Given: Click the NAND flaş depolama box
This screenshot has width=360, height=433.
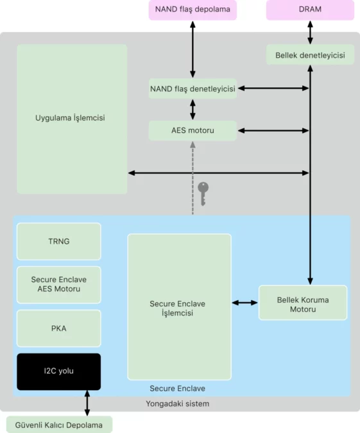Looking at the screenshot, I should (193, 10).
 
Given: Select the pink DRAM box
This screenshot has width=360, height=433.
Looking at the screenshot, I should (310, 10).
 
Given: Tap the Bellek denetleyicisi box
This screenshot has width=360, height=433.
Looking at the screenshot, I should (310, 55).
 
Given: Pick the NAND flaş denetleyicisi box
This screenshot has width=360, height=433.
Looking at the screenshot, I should (193, 89).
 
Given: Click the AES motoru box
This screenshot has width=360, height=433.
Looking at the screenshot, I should (193, 130).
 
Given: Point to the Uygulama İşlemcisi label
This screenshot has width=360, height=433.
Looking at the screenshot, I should (71, 118).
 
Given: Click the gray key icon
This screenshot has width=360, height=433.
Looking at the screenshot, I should (203, 193).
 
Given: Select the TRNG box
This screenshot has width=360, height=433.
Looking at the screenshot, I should (58, 241).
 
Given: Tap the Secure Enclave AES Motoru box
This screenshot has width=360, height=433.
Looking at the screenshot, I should (58, 284).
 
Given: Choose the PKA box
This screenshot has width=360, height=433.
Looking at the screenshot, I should (58, 328).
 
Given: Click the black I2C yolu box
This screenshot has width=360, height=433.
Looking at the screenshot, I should (58, 371).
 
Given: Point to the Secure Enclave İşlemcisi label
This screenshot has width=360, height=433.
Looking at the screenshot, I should (179, 308).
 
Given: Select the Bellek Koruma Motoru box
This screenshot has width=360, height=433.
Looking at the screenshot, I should (303, 303).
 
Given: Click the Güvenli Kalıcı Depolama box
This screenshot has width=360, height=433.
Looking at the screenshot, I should (59, 424).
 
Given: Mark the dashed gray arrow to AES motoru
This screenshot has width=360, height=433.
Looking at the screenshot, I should (193, 176).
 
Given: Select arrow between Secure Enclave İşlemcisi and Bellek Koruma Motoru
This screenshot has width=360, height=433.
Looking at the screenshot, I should (244, 302).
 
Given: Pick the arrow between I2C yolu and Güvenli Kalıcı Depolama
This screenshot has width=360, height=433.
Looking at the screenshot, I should (87, 403).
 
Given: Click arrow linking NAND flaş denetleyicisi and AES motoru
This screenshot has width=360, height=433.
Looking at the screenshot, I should (193, 109).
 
